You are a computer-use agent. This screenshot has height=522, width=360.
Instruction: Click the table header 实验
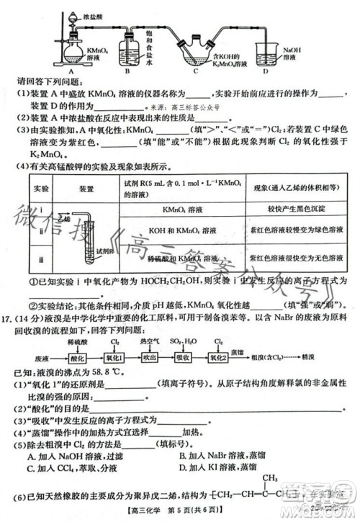tap(42, 189)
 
